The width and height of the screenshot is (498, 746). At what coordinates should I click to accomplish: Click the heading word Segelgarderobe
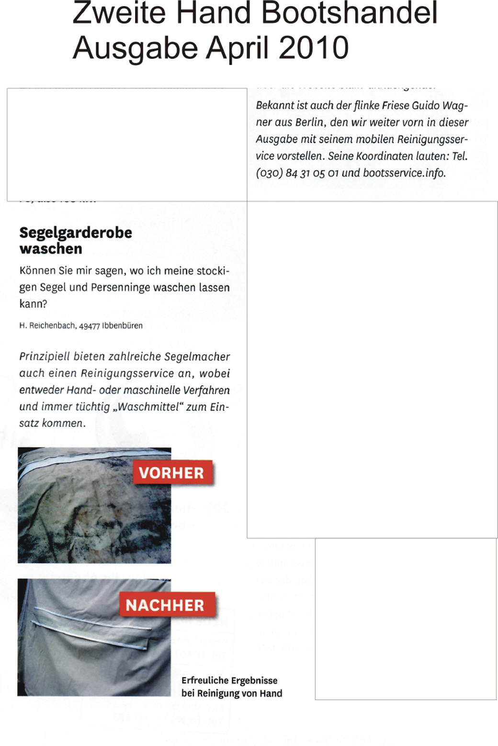tap(76, 233)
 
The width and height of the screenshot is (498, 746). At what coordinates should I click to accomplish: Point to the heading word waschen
tap(51, 249)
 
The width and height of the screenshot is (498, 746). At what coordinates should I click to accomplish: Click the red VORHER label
tap(171, 473)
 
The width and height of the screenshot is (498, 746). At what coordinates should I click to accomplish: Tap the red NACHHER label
tap(165, 605)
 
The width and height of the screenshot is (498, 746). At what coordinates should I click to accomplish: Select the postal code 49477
tap(89, 326)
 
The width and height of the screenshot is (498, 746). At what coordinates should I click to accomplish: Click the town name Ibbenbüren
tap(122, 326)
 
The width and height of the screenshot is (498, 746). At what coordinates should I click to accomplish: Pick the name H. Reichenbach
tap(47, 326)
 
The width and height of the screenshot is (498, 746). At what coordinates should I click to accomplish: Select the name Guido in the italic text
tap(426, 106)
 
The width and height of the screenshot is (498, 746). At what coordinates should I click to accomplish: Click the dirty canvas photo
tap(77, 517)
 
